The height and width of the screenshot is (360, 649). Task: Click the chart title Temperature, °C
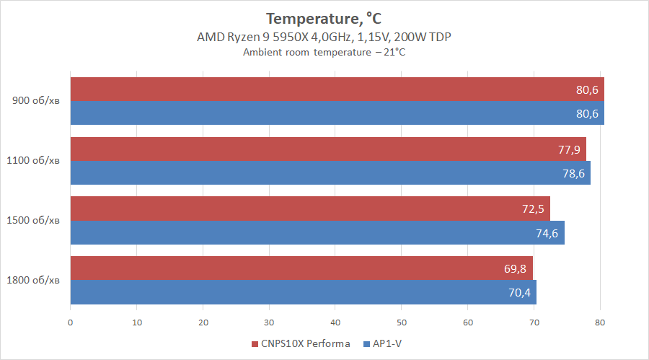coord(324,18)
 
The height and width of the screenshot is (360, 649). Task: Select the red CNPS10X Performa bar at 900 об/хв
coord(337,89)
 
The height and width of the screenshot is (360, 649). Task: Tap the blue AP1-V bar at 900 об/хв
coord(337,113)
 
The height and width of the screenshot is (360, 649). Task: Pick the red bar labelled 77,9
coord(328,149)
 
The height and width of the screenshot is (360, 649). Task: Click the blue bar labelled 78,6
coord(330,172)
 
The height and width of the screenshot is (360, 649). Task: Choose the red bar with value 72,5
coord(310,208)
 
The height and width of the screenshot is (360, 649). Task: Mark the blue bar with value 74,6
coord(317,232)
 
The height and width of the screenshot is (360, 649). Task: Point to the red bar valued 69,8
coord(301,268)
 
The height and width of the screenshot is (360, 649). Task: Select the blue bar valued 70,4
coord(303,291)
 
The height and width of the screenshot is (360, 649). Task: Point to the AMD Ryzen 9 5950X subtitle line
coord(324,37)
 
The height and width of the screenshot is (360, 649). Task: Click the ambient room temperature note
coord(324,52)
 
